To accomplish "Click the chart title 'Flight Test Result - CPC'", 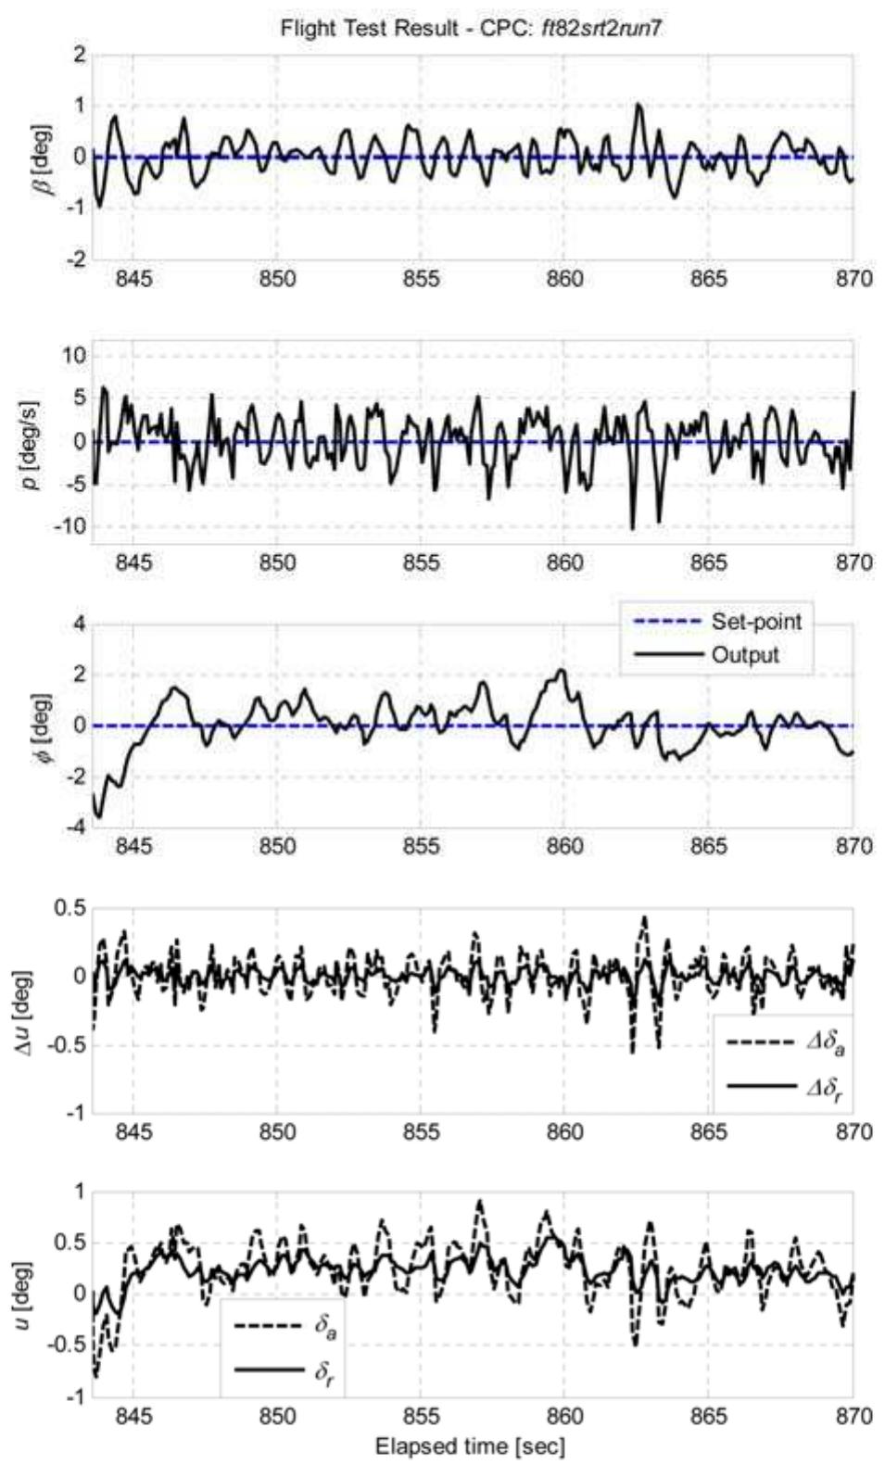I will (x=471, y=29).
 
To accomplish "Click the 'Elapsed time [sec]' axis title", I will (x=470, y=1446).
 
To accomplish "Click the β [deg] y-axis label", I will (x=44, y=158).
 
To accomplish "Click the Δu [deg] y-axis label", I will (x=23, y=1010).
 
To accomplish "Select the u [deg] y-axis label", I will (x=23, y=1294).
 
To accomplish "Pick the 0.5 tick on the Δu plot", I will (x=68, y=908).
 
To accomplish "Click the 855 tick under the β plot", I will (x=421, y=278).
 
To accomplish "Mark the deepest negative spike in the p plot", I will (x=633, y=528).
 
